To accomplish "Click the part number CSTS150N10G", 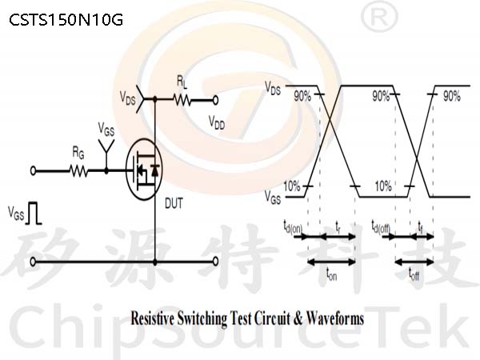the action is coord(66,20).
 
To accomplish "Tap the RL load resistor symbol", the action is coord(182,100).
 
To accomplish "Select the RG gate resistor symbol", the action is coord(79,171).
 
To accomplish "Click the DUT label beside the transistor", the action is coord(174,203).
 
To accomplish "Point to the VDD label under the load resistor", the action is coord(217,122).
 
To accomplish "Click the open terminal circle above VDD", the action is coord(215,100).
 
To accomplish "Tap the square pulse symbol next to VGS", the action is coord(34,213).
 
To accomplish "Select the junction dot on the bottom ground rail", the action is coord(155,262).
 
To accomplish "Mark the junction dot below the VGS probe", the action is coord(106,171).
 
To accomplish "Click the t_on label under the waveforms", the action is coord(331,274).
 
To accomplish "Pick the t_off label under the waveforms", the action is coord(414,274).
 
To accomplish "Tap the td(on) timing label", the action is coord(292,227).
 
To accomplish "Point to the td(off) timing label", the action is coord(381,226).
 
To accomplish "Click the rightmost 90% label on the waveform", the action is coord(452,97).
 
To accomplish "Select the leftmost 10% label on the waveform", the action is coord(292,186).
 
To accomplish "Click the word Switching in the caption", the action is coord(202,318).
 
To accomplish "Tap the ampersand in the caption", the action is coord(298,318).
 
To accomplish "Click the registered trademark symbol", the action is coord(379,18).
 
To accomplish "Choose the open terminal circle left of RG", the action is coord(33,171).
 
